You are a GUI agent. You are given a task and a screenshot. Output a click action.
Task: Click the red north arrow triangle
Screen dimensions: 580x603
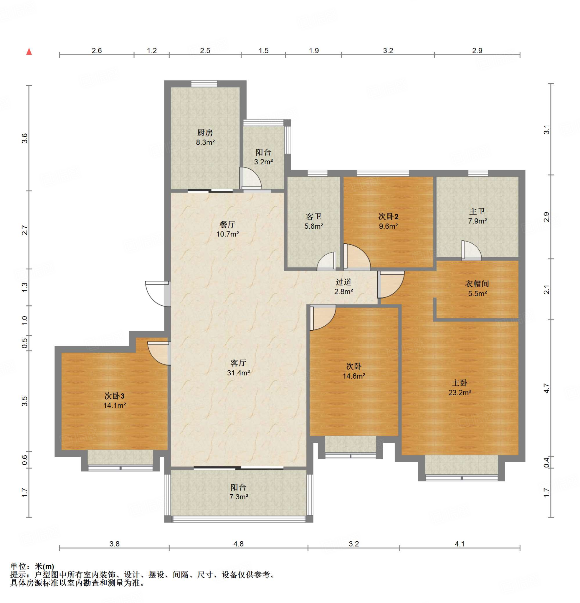click(29, 51)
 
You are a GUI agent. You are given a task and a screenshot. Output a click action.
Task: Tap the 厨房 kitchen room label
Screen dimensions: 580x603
click(205, 133)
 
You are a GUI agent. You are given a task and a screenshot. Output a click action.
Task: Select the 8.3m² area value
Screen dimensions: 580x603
click(205, 143)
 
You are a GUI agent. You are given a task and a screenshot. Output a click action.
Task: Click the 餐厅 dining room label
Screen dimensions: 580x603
click(227, 225)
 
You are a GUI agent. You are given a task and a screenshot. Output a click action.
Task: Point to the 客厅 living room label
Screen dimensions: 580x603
click(238, 363)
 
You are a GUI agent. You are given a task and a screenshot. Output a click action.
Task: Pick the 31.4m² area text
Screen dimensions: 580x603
click(238, 373)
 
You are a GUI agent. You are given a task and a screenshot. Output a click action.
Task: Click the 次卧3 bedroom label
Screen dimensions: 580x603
click(115, 396)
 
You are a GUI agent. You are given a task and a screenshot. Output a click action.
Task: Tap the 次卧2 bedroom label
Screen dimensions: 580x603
click(388, 217)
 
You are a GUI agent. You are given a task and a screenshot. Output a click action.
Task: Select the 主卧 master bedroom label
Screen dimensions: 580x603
click(460, 383)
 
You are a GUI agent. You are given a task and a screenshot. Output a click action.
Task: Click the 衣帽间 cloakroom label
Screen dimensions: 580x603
click(477, 284)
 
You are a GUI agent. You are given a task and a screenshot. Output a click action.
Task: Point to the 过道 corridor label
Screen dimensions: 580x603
click(343, 282)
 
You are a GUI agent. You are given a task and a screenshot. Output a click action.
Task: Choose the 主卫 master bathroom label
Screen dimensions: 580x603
click(477, 211)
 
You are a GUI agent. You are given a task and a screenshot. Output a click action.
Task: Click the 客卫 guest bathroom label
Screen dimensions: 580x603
click(314, 217)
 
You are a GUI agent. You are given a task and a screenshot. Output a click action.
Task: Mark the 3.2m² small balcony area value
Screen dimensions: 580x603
click(264, 162)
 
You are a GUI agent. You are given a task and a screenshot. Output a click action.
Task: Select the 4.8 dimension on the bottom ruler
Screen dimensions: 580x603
click(238, 544)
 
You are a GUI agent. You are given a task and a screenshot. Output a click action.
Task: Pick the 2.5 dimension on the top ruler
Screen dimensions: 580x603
click(205, 50)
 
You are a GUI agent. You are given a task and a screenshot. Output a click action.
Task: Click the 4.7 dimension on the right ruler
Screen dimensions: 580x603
click(546, 388)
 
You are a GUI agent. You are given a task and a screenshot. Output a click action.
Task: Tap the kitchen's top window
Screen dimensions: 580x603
click(204, 84)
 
